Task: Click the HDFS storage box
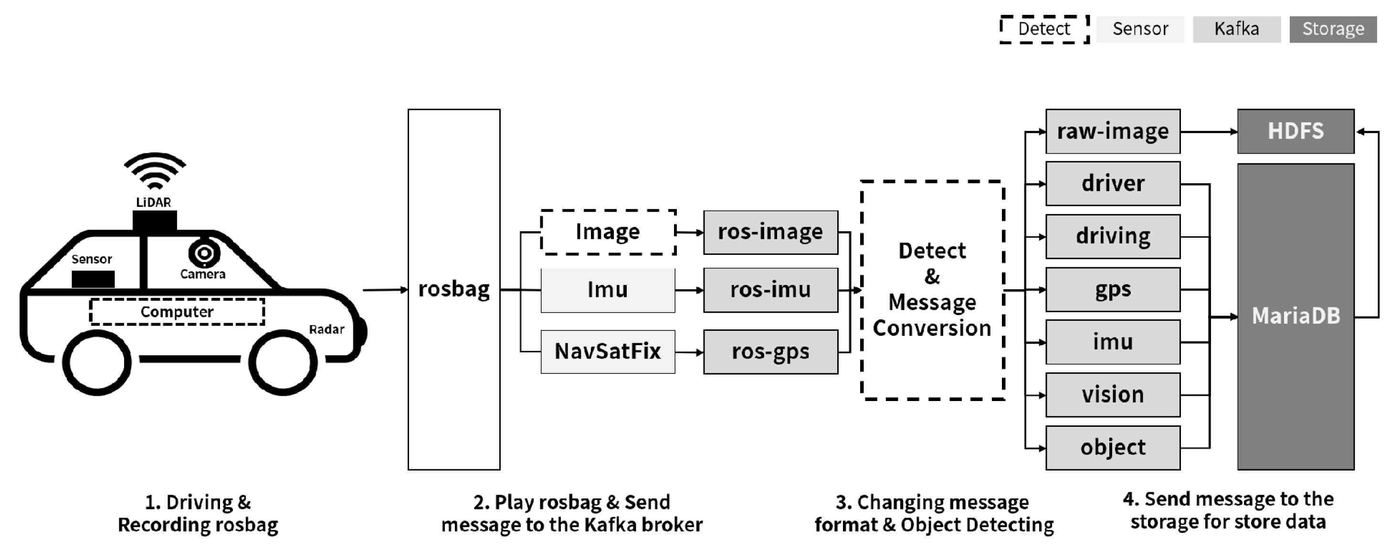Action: click(1295, 131)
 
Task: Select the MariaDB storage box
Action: click(1295, 317)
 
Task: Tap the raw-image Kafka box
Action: click(1113, 131)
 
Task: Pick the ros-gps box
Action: click(771, 352)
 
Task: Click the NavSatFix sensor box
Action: click(608, 352)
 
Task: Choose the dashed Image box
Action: click(608, 232)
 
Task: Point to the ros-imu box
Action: click(771, 290)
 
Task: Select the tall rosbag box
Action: click(454, 289)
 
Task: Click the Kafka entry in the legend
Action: click(1236, 29)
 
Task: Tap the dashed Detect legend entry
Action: click(1044, 29)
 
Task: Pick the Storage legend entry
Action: click(1333, 29)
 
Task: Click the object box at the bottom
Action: click(1113, 448)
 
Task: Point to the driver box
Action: click(1113, 184)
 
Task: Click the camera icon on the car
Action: click(204, 253)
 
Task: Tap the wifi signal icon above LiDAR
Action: click(155, 171)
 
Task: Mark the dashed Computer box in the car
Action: click(177, 312)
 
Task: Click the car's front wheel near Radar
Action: click(283, 362)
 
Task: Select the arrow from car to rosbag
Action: click(385, 290)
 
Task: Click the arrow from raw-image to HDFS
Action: click(1209, 131)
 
